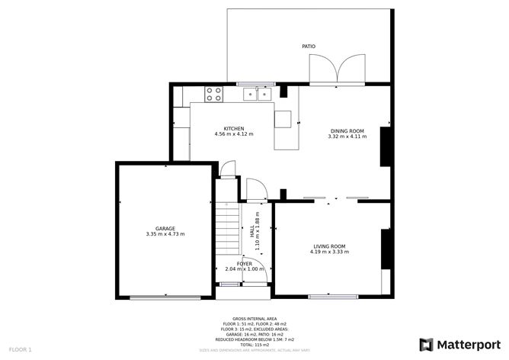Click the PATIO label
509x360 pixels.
point(309,47)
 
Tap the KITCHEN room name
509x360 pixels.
point(233,128)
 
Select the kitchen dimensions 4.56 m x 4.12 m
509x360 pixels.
point(233,134)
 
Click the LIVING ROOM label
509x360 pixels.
point(329,246)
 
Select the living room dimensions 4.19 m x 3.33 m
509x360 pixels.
point(329,252)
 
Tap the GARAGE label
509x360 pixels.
point(165,228)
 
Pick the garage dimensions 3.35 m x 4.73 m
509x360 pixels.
point(165,234)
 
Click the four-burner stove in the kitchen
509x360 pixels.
point(214,94)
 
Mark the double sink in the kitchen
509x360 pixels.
point(258,94)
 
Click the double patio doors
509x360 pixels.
point(336,72)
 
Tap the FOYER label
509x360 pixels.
point(244,263)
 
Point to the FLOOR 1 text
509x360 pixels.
point(20,349)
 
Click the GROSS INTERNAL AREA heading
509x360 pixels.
point(254,318)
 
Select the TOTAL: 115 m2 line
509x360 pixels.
point(254,344)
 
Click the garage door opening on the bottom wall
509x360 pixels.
point(165,297)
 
